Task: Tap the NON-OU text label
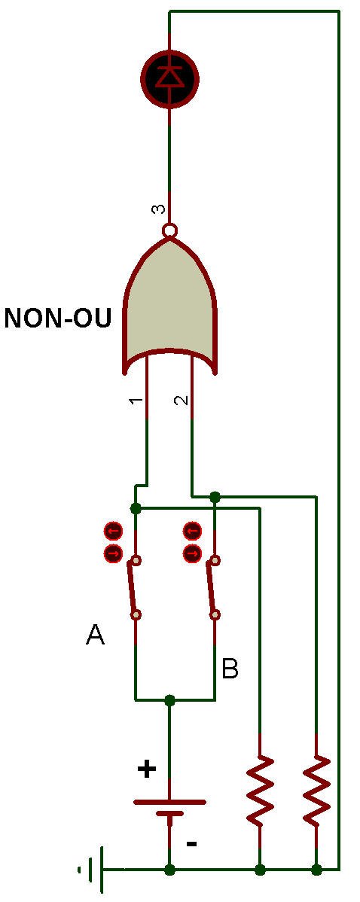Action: (x=57, y=318)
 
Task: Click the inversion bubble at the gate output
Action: (x=169, y=230)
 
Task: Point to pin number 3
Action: (x=158, y=209)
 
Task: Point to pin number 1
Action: (x=134, y=401)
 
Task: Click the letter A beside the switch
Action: (x=95, y=635)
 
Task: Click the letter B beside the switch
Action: (x=230, y=669)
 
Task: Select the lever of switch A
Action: (x=133, y=587)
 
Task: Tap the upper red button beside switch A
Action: (x=113, y=530)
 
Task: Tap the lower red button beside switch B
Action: (x=192, y=554)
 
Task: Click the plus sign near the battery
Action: (x=147, y=769)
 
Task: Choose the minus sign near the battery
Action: (x=192, y=844)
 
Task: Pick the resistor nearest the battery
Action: (x=261, y=788)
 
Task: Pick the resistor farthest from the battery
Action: (x=316, y=788)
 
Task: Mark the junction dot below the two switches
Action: (x=169, y=700)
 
